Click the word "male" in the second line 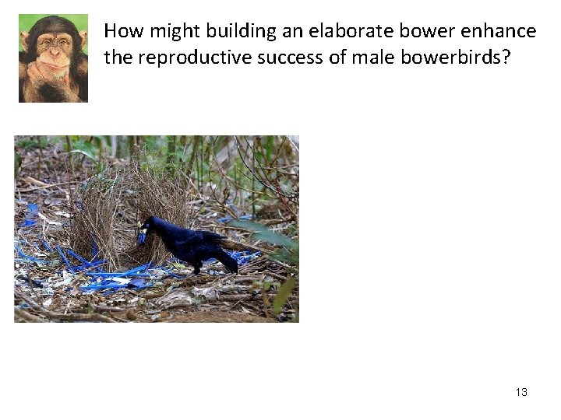[x=372, y=57]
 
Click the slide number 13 [x=521, y=392]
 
